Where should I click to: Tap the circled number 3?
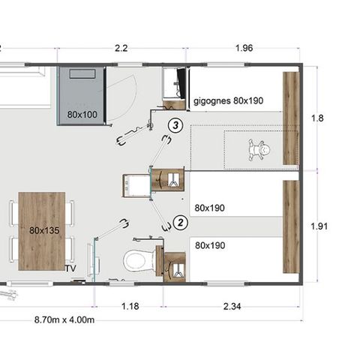pyautogui.click(x=175, y=125)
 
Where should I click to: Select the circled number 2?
pyautogui.click(x=180, y=222)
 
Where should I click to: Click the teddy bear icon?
pyautogui.click(x=260, y=150)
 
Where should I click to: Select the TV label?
pyautogui.click(x=71, y=268)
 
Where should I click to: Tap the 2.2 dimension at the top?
pyautogui.click(x=121, y=49)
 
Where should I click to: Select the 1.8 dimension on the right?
pyautogui.click(x=317, y=118)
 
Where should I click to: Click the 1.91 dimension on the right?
pyautogui.click(x=319, y=225)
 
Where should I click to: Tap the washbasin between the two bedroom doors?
pyautogui.click(x=135, y=184)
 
